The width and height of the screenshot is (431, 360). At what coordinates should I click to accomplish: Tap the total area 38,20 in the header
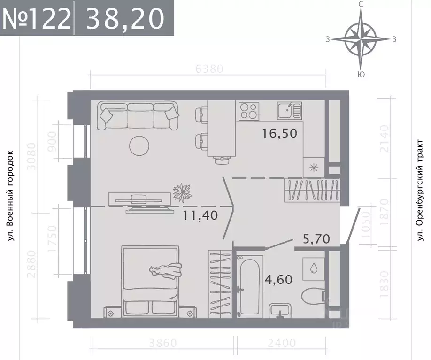(125, 18)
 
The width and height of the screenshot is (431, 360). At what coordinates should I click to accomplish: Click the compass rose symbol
(361, 39)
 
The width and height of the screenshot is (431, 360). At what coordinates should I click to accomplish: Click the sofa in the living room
(138, 116)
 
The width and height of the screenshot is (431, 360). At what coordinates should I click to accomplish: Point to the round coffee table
(139, 146)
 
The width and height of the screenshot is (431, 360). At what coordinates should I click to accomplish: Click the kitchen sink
(289, 111)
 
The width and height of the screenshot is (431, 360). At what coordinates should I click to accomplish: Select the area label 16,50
(281, 133)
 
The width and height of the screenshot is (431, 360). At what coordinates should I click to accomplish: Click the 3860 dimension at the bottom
(160, 343)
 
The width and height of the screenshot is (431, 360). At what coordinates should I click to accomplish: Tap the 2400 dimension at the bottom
(283, 343)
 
